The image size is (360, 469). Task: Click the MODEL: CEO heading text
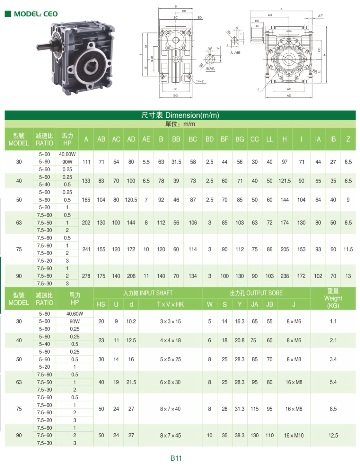36,14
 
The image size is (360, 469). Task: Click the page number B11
176,458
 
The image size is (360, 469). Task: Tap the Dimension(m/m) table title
180,115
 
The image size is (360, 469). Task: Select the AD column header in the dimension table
131,139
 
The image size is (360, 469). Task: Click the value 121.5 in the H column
285,181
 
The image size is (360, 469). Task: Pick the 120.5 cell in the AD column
131,200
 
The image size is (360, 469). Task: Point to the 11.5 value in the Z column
348,249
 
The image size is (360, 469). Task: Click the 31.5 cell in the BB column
176,162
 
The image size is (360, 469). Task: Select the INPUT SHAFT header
148,293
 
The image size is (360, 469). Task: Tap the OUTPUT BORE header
256,293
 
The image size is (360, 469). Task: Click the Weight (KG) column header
333,298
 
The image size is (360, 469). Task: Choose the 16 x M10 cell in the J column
294,435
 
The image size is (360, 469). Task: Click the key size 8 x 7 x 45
170,435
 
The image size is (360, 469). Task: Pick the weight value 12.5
333,435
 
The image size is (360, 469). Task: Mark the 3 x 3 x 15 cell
170,321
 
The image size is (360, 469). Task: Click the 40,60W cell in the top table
67,154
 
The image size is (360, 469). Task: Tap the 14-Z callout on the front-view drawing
200,81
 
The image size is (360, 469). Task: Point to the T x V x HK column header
170,304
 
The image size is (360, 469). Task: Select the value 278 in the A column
86,276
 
